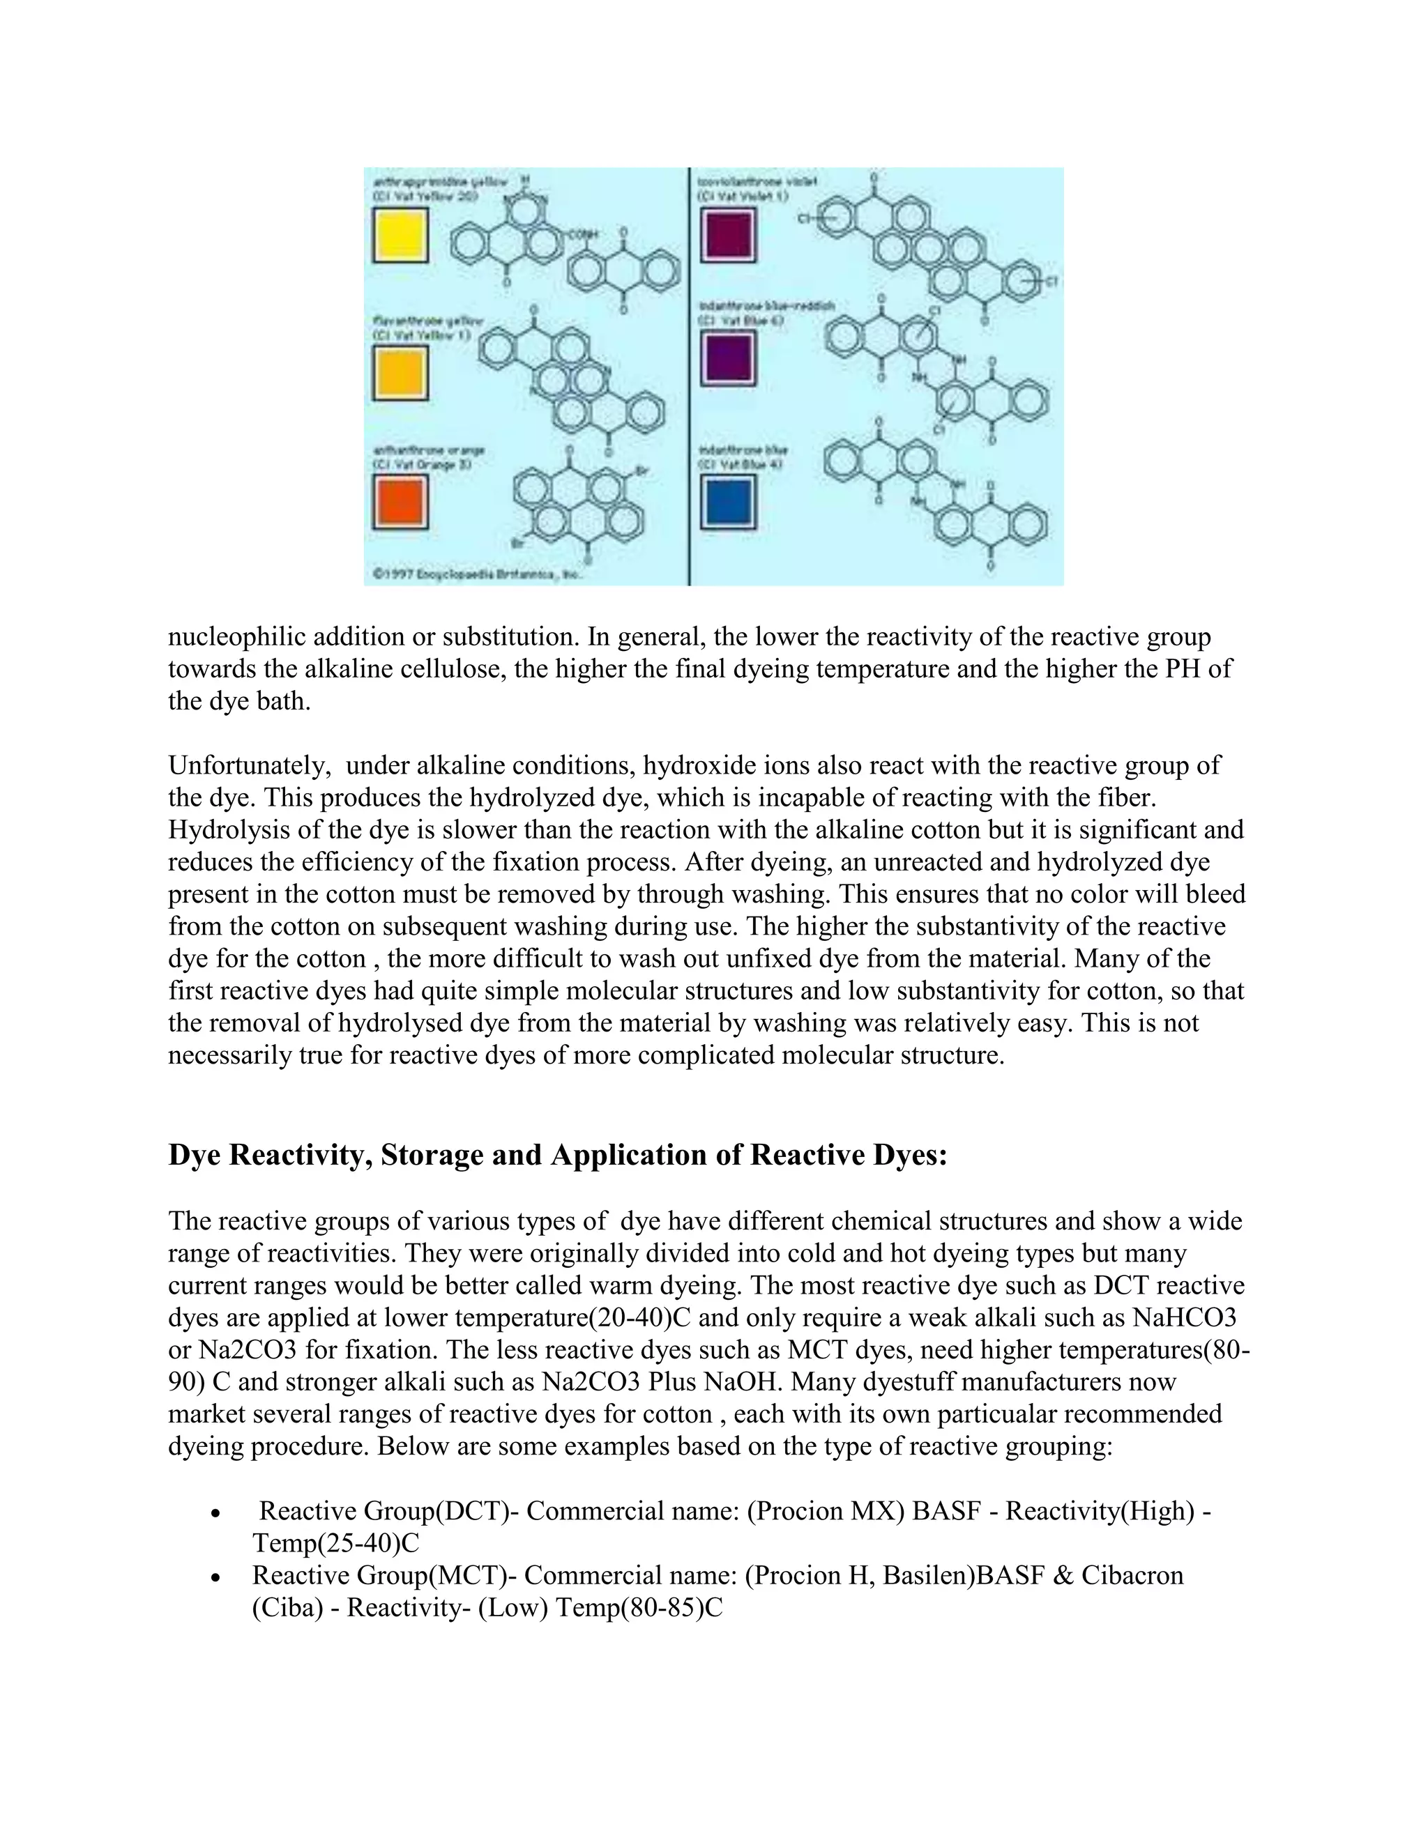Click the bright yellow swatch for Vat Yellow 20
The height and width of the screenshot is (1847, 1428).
(400, 235)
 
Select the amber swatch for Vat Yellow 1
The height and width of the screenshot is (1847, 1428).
(400, 373)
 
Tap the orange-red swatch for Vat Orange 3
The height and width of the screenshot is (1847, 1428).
(400, 502)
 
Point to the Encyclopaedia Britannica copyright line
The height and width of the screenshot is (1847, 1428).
(478, 575)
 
